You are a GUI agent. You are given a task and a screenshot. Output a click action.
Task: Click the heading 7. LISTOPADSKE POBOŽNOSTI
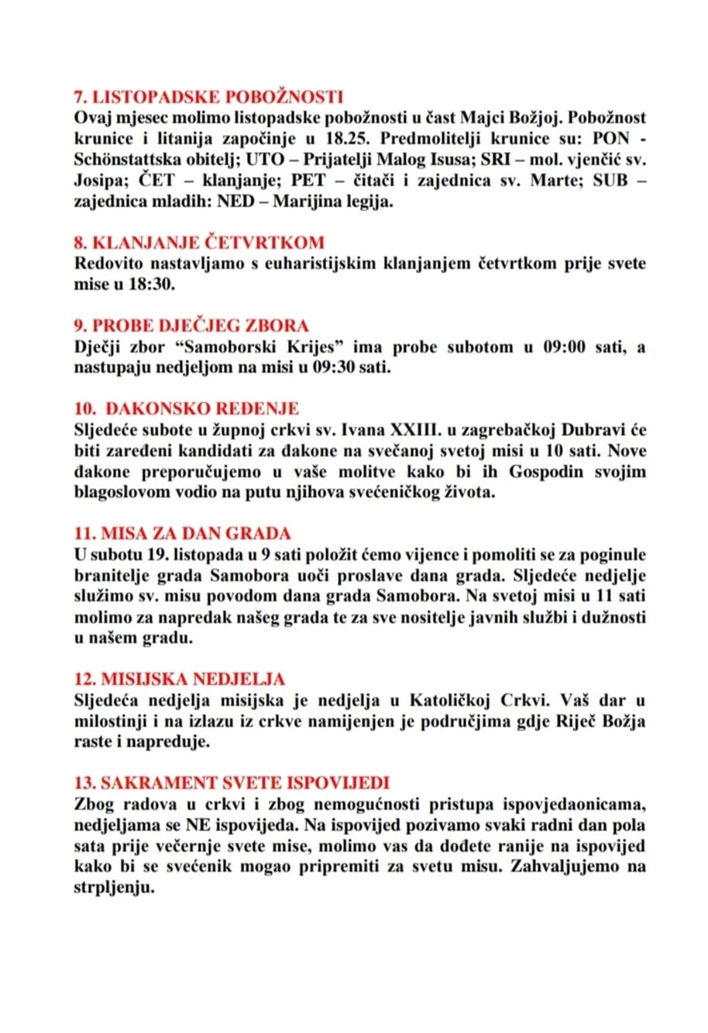point(208,97)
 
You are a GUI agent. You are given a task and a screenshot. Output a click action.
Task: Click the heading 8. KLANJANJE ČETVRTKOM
point(199,242)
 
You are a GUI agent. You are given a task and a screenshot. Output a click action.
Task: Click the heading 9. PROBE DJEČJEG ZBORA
point(191,325)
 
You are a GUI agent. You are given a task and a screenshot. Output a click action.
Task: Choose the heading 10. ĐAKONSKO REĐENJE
point(186,408)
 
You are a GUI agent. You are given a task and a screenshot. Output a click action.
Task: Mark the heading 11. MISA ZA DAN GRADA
point(182,534)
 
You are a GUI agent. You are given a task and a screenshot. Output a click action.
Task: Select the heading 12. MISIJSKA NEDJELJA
point(180,680)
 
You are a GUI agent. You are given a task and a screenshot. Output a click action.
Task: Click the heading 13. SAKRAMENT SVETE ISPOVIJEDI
point(232,783)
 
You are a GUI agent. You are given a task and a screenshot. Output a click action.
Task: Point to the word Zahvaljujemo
point(569,866)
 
